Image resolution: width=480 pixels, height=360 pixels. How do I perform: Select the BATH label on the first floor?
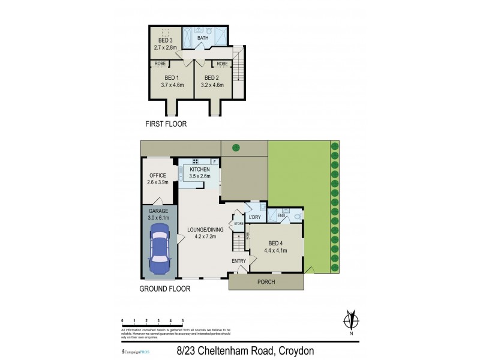coord(203,37)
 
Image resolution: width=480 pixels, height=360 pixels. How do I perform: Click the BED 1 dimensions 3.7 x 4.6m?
coord(172,85)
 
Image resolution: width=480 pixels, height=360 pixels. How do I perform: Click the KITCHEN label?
coord(199,170)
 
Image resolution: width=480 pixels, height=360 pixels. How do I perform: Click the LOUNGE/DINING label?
coord(204,229)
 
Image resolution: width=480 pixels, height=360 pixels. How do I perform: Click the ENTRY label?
coord(239,261)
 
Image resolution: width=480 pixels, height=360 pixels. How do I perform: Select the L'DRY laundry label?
coord(254,217)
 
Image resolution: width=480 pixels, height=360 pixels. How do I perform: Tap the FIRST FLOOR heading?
coord(166,124)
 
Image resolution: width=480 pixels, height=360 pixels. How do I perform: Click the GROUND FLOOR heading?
coord(166,289)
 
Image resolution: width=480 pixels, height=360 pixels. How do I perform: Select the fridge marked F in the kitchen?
coord(214,161)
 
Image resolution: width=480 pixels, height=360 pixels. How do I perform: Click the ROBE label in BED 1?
coord(160,63)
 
